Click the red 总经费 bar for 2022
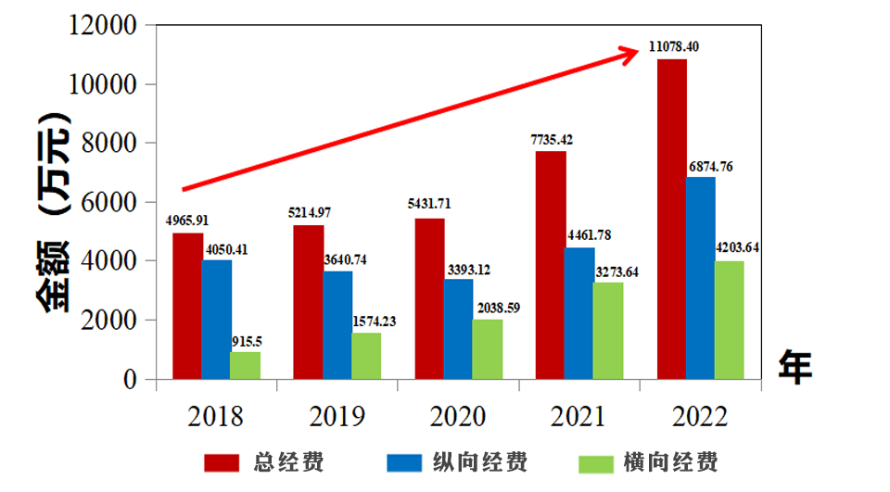(671, 219)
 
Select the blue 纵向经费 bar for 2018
(217, 319)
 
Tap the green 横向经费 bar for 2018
(245, 365)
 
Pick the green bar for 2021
(608, 331)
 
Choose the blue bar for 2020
(458, 329)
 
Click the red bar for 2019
(309, 302)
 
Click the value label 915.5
(247, 341)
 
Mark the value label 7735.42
(552, 140)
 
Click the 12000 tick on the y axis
(103, 26)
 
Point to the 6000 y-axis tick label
(110, 202)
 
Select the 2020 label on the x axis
(458, 416)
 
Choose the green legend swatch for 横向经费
(595, 462)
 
